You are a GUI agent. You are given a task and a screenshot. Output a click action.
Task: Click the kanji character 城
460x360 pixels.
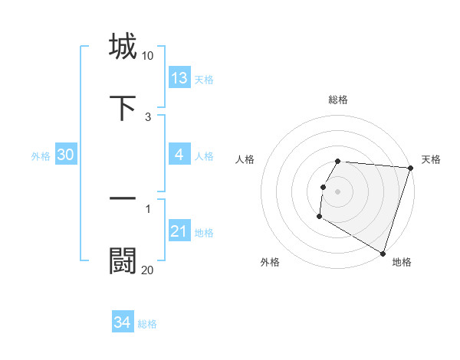pos(123,46)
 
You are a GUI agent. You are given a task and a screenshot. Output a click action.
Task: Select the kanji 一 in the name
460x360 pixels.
pos(123,198)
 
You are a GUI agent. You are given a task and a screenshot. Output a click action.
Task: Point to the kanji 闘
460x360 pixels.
pos(123,261)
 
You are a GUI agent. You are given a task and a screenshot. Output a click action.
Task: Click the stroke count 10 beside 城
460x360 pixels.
pos(147,56)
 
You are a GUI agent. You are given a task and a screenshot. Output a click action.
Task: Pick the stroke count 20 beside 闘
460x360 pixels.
pos(147,270)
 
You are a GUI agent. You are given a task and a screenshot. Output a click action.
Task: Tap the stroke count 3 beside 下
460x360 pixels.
pos(148,117)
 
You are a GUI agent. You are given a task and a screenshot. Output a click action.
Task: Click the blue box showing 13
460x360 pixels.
pos(179,78)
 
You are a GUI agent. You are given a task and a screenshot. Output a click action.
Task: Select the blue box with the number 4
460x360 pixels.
pos(179,155)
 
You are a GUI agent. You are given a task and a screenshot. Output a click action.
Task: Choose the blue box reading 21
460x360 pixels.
pos(179,231)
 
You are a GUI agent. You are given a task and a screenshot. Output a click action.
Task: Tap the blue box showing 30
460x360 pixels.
pos(66,155)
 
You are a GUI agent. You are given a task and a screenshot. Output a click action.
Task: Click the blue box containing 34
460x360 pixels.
pos(123,322)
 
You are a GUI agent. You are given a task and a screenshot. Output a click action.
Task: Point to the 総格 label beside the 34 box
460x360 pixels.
pos(147,324)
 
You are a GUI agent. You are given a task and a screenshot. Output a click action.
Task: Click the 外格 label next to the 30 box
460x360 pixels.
pos(41,156)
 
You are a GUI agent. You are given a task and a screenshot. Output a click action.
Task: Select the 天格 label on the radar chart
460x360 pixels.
pos(431,159)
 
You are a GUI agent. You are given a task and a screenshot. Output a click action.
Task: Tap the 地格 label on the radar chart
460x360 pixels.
pos(402,262)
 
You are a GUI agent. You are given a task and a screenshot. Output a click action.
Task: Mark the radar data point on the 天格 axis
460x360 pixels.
pos(411,168)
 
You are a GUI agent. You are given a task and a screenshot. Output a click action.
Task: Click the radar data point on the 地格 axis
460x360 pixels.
pos(383,253)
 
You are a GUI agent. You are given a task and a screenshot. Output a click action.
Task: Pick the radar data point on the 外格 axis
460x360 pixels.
pos(319,217)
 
